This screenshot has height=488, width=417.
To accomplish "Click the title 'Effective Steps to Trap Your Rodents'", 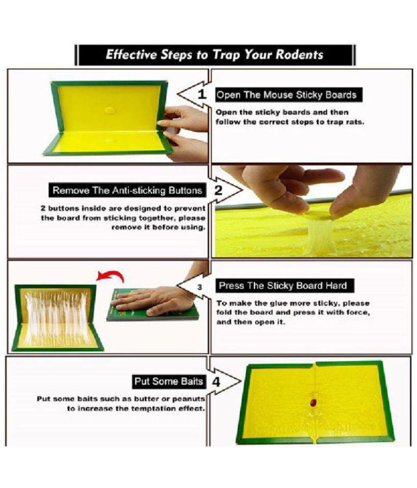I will [x=214, y=54].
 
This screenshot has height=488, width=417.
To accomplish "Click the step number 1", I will [x=202, y=95].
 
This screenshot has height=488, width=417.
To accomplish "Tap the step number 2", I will [x=219, y=190].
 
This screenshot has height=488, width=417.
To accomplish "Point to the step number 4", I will [x=216, y=381].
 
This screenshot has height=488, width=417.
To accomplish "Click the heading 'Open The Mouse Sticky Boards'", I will [x=287, y=94].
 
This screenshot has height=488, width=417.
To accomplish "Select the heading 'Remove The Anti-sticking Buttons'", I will [x=127, y=190].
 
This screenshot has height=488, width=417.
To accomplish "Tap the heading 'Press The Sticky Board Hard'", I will [x=283, y=286].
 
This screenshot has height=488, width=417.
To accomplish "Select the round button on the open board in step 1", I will [x=110, y=110].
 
